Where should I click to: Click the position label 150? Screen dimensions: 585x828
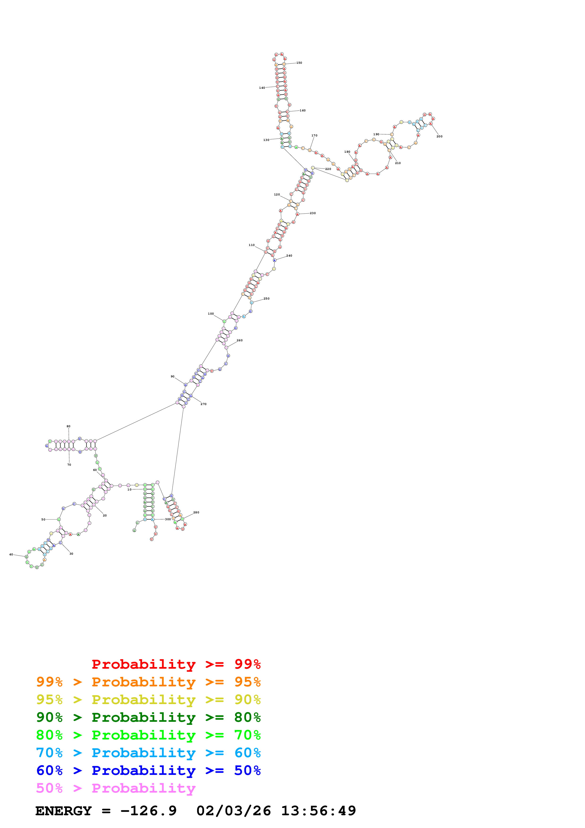pyautogui.click(x=299, y=63)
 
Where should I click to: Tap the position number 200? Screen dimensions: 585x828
pyautogui.click(x=439, y=136)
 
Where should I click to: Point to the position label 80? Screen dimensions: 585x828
pyautogui.click(x=68, y=426)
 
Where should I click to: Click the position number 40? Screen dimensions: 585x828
pyautogui.click(x=11, y=554)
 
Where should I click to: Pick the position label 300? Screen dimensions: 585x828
pyautogui.click(x=168, y=519)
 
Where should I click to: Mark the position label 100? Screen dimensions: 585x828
pyautogui.click(x=211, y=314)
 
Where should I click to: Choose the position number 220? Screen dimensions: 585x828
pyautogui.click(x=328, y=169)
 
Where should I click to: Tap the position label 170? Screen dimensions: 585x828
pyautogui.click(x=314, y=135)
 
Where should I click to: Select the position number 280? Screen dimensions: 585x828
pyautogui.click(x=196, y=512)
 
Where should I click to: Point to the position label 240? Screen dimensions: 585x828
pyautogui.click(x=289, y=256)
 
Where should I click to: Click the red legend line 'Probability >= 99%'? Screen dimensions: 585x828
pyautogui.click(x=176, y=664)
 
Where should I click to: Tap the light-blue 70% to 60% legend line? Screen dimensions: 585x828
pyautogui.click(x=148, y=753)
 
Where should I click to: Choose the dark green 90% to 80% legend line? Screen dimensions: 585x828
pyautogui.click(x=148, y=717)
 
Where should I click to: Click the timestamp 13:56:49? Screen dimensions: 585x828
pyautogui.click(x=318, y=811)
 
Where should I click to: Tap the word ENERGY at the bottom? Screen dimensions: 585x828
pyautogui.click(x=63, y=811)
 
